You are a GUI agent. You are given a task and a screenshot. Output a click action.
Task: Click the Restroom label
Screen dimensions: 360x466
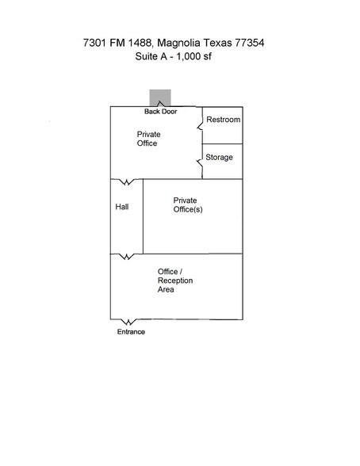coord(224,120)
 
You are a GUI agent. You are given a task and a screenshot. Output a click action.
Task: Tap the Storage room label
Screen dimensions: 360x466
coord(219,158)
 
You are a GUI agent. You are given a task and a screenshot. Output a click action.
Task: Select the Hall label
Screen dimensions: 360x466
coord(122,207)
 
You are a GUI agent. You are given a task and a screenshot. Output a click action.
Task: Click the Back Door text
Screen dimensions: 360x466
coord(160,112)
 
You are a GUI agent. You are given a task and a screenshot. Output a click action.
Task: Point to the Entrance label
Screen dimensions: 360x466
coord(131,331)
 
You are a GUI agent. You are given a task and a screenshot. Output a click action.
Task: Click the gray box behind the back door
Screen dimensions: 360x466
coord(160,97)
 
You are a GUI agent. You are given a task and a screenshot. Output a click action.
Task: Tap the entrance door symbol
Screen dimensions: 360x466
coord(128,322)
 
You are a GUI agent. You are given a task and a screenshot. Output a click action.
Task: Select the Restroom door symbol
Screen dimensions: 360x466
coord(200,123)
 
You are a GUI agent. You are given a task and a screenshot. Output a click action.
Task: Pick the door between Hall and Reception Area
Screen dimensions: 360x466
coord(127,257)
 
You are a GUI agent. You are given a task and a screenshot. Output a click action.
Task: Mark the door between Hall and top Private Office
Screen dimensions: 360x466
coord(127,181)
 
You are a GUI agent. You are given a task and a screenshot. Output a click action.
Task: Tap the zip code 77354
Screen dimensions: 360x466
coord(250,43)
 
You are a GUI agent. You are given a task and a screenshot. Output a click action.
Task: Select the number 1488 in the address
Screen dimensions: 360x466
coord(140,43)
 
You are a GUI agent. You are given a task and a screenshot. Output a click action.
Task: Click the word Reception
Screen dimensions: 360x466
coord(175,281)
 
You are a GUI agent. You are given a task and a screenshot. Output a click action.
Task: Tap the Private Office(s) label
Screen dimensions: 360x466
coord(188,204)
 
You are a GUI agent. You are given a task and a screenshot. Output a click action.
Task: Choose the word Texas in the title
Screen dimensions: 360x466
coord(217,43)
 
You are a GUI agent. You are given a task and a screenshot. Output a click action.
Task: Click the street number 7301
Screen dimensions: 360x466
coord(94,43)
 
